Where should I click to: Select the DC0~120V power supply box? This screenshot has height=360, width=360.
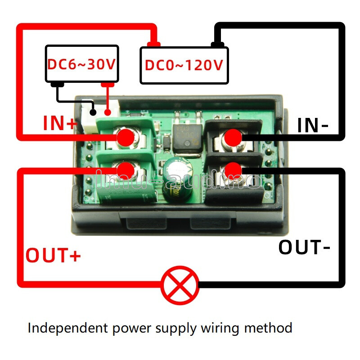[x=184, y=65]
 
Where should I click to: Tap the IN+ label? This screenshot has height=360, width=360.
[x=60, y=123]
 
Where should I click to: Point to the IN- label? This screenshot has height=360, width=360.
[x=313, y=126]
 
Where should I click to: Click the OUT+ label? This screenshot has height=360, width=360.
[x=53, y=255]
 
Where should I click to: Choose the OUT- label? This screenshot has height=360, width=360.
[x=305, y=247]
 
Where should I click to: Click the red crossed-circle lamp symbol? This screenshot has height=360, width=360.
[x=180, y=285]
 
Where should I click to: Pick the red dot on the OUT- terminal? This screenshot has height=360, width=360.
[x=233, y=170]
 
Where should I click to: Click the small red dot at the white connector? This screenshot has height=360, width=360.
[x=108, y=112]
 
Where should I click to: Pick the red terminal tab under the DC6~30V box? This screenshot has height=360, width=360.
[x=108, y=84]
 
